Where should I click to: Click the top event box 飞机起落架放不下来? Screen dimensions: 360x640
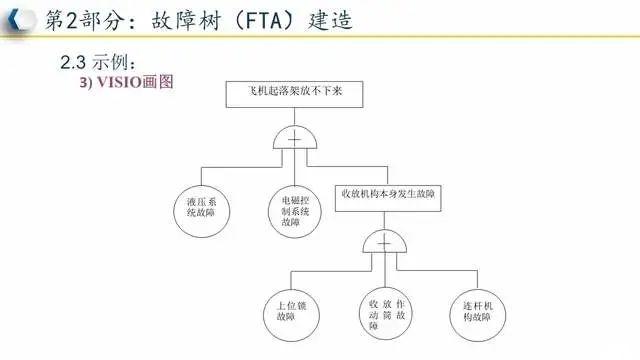click(294, 93)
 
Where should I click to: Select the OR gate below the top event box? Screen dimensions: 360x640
click(294, 139)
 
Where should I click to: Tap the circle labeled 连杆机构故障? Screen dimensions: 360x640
click(475, 310)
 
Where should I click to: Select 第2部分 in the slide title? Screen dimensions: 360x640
click(80, 19)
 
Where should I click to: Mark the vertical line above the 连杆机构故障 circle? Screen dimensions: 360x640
click(475, 276)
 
